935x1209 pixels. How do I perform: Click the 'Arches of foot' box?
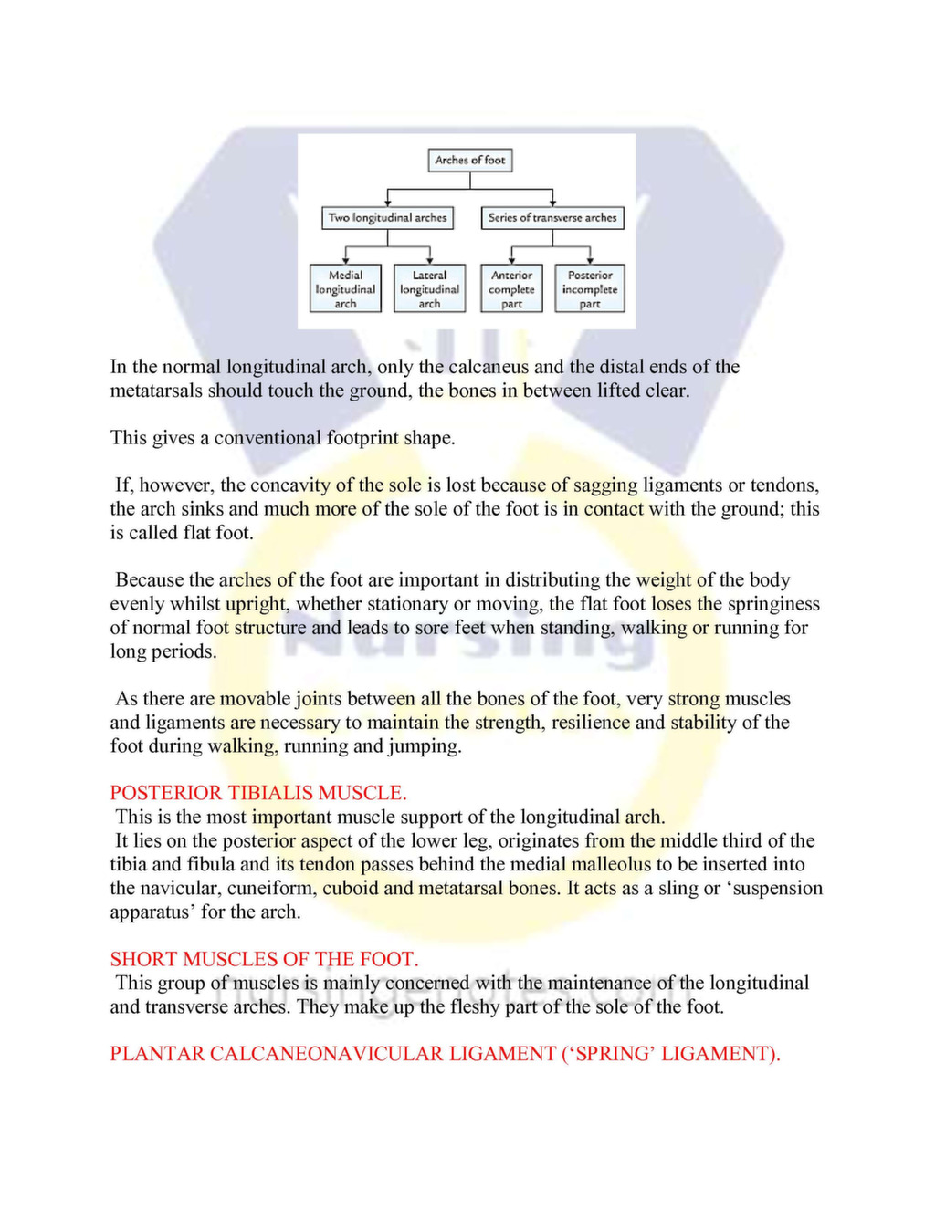(x=469, y=161)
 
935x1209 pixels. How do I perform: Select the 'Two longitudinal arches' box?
(x=387, y=218)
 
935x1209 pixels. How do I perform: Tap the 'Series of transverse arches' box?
(x=552, y=218)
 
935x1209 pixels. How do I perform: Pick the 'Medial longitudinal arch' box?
(x=345, y=289)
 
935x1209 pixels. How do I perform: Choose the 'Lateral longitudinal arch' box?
(x=429, y=289)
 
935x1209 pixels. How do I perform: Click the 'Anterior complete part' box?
(x=511, y=289)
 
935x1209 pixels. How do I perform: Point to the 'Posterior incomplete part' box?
(x=589, y=289)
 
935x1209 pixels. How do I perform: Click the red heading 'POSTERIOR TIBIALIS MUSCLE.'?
(x=258, y=793)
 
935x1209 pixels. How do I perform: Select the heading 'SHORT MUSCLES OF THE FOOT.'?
(x=264, y=959)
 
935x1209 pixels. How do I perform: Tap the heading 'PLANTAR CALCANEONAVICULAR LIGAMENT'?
(x=445, y=1054)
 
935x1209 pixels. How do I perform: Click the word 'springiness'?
(x=775, y=604)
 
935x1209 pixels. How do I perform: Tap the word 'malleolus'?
(x=612, y=865)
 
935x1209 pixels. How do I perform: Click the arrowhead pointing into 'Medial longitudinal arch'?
(x=345, y=261)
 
